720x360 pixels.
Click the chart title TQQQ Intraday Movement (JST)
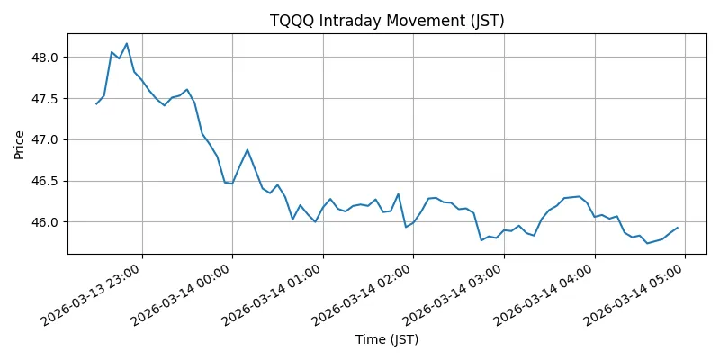tap(374, 21)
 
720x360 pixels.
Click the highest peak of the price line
tap(127, 43)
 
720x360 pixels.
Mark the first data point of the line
tap(96, 104)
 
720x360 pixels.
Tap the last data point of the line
tap(677, 228)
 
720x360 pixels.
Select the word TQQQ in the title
tap(290, 21)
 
